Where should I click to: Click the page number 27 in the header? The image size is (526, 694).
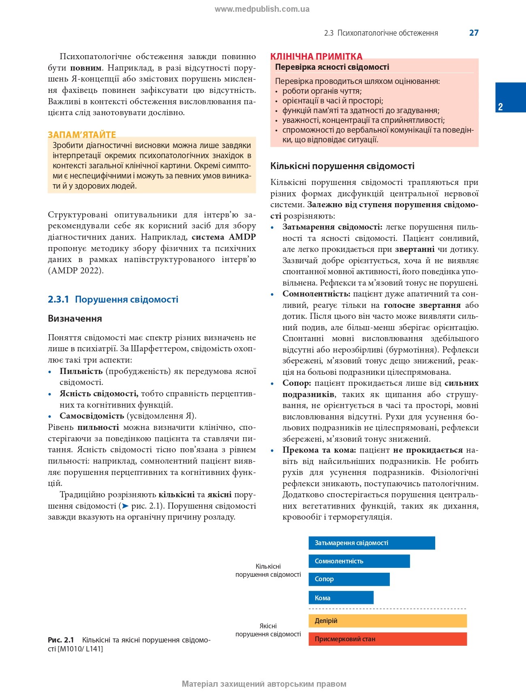[x=474, y=33]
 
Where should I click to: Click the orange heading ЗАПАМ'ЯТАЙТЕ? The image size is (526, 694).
[x=82, y=135]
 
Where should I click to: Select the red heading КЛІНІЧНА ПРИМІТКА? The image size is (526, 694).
[x=316, y=56]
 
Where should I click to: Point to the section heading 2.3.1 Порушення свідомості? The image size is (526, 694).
[x=113, y=299]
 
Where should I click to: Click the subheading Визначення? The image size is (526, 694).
[x=75, y=318]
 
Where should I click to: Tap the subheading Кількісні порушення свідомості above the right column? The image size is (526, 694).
[x=342, y=166]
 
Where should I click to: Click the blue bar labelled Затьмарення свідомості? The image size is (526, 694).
[x=372, y=543]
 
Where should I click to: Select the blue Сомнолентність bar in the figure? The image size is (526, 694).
[x=359, y=561]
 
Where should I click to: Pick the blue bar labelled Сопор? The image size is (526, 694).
[x=349, y=579]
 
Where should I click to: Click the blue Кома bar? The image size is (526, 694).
[x=341, y=597]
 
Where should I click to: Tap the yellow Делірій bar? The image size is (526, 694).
[x=387, y=621]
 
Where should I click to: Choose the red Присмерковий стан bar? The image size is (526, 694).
[x=387, y=639]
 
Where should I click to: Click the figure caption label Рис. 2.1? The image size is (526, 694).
[x=61, y=640]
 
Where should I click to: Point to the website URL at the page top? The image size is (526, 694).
[x=262, y=9]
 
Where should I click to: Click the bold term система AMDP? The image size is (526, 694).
[x=224, y=237]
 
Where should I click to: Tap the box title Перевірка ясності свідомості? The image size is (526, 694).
[x=332, y=67]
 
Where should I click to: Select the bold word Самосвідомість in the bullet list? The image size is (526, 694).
[x=92, y=416]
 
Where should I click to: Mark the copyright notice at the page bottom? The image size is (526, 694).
[x=264, y=684]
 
